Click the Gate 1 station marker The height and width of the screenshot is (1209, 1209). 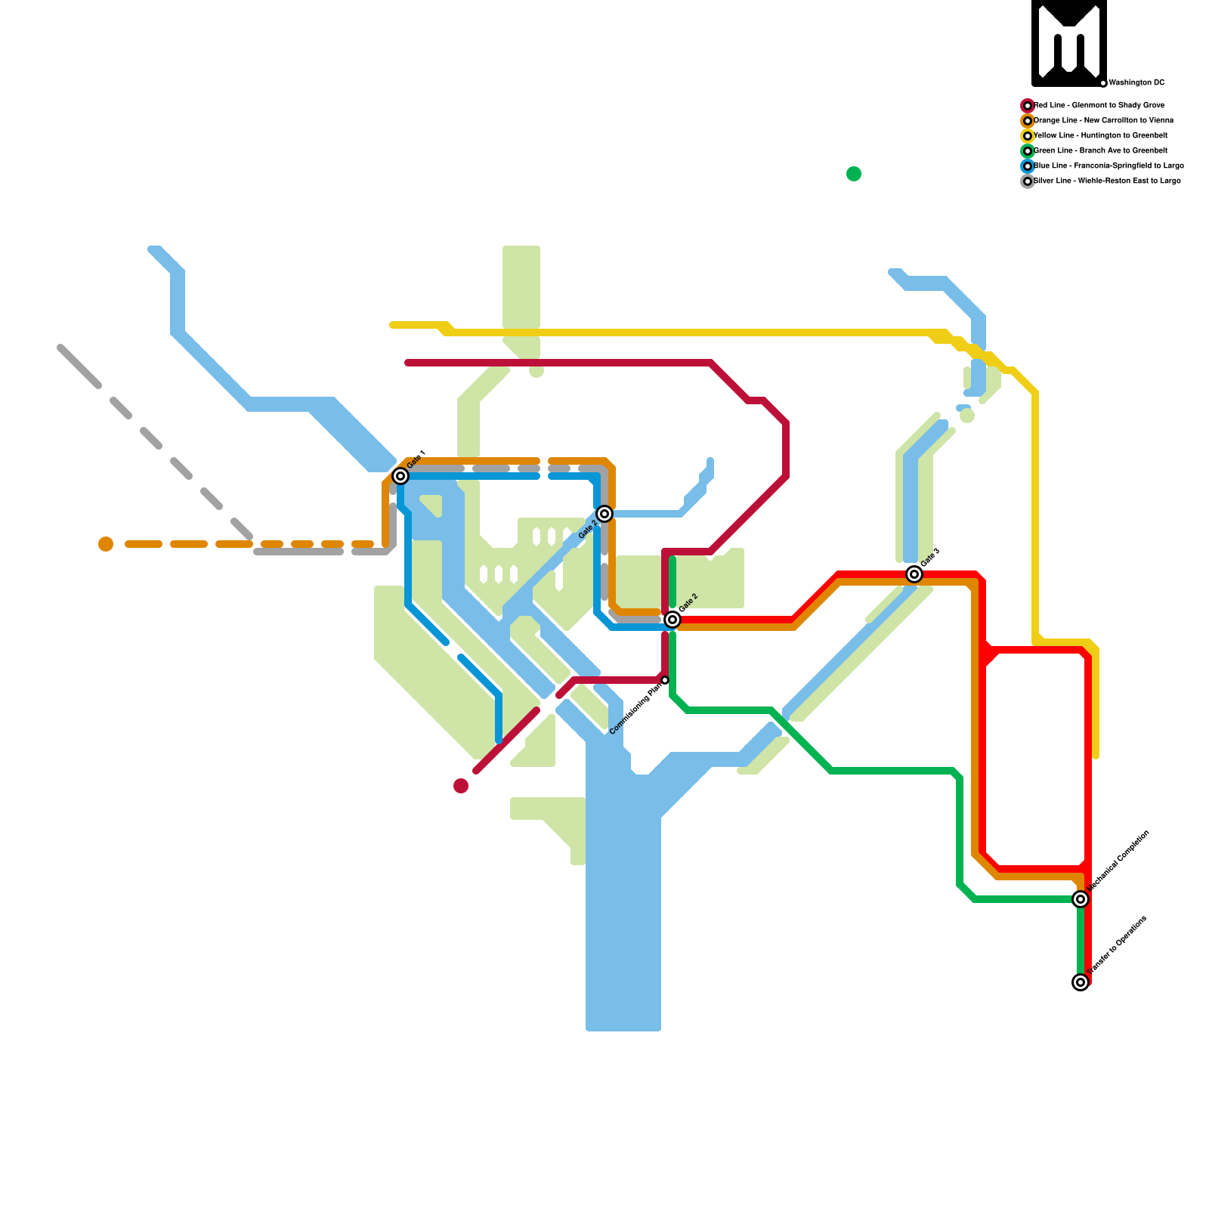pos(400,476)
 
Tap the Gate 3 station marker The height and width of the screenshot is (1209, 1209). pos(914,574)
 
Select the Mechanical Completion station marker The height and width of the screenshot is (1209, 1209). pos(1081,899)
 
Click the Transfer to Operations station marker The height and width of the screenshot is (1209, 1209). pos(1081,982)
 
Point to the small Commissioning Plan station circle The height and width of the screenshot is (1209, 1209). pos(665,681)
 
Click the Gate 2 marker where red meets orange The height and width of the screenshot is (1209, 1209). pos(673,620)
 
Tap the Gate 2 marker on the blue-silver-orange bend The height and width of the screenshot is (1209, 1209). pos(604,514)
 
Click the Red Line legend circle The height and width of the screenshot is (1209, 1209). pos(1028,106)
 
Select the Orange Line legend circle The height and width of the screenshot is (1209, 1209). pos(1028,121)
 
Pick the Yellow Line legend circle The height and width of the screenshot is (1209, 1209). pos(1028,136)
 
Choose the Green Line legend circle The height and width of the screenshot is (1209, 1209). pos(1028,151)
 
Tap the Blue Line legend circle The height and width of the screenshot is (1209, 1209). pos(1028,166)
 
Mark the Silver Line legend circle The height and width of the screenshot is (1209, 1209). pos(1028,181)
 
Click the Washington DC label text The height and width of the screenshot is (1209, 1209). pos(1136,82)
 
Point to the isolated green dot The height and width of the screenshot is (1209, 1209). pos(854,174)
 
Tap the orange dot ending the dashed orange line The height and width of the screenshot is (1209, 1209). pos(106,544)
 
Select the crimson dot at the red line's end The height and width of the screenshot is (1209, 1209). pos(461,786)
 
